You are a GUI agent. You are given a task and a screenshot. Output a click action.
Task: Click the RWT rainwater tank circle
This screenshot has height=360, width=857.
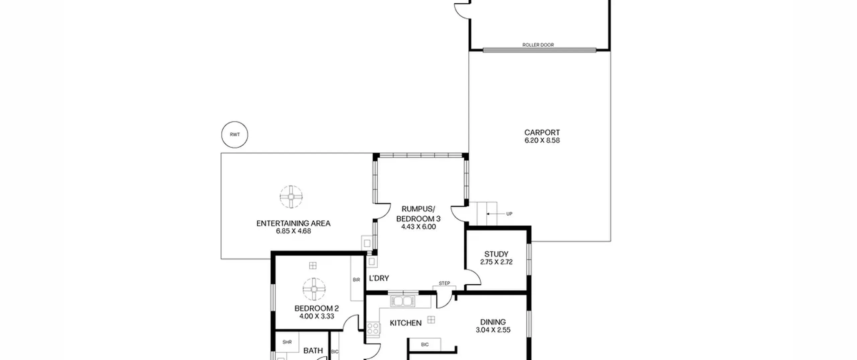click(x=235, y=122)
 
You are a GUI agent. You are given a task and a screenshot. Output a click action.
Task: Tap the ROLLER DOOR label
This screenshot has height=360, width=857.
click(x=538, y=45)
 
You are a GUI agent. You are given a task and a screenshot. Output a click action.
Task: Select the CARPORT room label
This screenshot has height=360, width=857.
click(x=542, y=133)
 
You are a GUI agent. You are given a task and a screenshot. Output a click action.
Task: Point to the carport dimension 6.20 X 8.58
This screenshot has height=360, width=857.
click(x=542, y=141)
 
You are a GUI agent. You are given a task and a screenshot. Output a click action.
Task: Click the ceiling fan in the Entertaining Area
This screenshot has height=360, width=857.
click(x=291, y=197)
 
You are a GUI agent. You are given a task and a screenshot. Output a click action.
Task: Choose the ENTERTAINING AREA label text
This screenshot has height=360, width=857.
click(x=293, y=223)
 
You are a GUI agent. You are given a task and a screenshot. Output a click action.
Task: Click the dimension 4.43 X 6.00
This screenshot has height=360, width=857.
click(x=418, y=227)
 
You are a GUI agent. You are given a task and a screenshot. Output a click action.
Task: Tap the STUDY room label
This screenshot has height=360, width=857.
click(x=496, y=254)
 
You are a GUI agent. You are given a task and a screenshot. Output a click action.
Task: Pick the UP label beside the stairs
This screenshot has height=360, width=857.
click(x=509, y=214)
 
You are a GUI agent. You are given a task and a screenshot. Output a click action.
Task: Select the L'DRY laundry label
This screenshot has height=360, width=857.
click(x=379, y=278)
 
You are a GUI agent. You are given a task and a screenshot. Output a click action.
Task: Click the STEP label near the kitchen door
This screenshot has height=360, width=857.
click(x=444, y=283)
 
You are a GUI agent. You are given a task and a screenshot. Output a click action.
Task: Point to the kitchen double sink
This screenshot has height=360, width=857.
click(x=402, y=301)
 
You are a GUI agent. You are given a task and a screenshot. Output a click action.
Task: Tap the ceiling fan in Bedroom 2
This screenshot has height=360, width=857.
click(x=314, y=289)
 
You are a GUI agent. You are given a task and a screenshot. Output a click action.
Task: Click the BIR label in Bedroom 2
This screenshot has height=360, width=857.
click(x=356, y=280)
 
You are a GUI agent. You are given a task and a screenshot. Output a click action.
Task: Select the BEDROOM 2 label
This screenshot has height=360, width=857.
click(x=316, y=308)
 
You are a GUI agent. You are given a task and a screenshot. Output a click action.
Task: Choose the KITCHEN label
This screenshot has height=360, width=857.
click(x=406, y=323)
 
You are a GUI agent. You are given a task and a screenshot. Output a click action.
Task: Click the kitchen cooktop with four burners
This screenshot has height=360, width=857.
click(x=373, y=329)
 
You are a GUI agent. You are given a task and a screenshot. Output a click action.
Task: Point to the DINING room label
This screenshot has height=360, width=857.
click(x=493, y=322)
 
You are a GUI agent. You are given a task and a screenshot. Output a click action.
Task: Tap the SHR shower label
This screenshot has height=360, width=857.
click(x=287, y=342)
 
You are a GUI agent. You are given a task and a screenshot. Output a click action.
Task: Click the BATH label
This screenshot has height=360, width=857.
click(x=313, y=351)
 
